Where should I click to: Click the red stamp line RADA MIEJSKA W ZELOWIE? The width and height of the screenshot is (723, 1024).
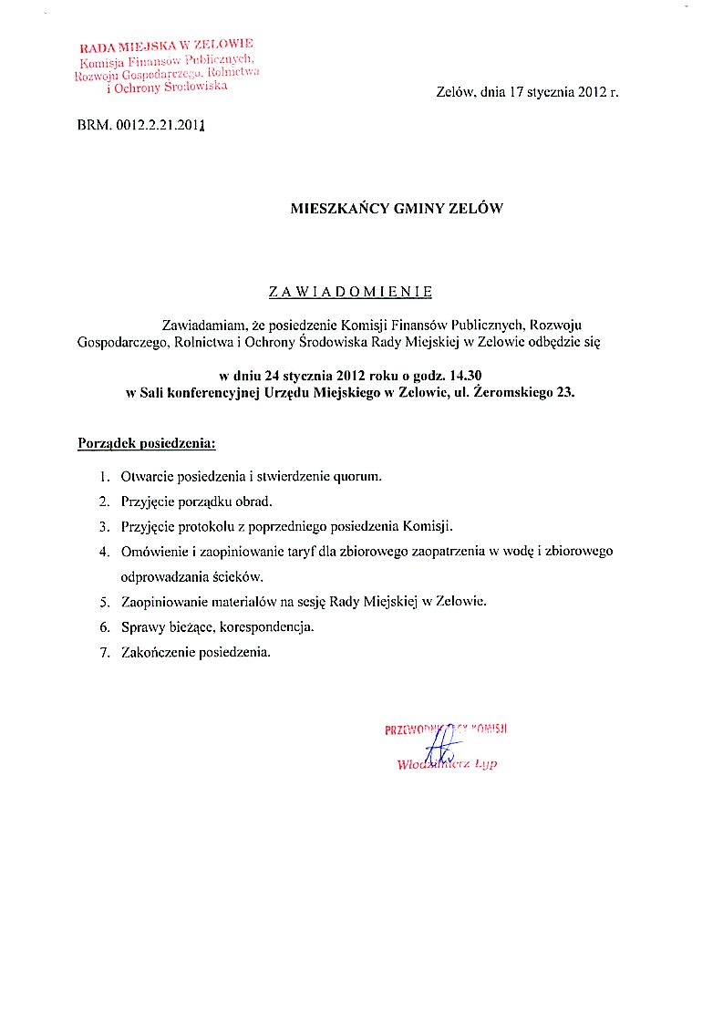[166, 45]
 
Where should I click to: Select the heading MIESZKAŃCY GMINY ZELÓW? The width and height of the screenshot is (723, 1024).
[397, 208]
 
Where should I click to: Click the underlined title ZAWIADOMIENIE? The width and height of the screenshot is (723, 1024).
[350, 292]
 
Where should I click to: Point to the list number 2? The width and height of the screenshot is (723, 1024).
[104, 502]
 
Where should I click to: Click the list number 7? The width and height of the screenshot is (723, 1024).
[104, 652]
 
